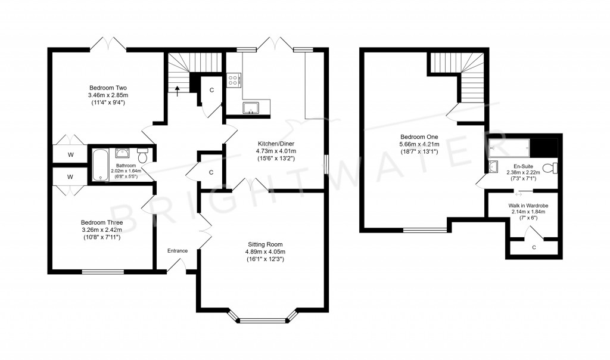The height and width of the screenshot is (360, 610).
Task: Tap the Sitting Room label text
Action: tap(265, 244)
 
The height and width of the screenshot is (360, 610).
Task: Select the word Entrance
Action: tap(178, 251)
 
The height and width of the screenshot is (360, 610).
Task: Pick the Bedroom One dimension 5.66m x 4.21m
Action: tap(419, 144)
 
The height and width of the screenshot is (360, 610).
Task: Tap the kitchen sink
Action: tap(250, 107)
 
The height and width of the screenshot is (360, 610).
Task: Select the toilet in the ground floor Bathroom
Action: tap(142, 151)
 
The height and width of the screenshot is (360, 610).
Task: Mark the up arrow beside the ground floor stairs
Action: tap(176, 91)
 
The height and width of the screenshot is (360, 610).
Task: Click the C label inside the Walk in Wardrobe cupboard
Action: tap(533, 247)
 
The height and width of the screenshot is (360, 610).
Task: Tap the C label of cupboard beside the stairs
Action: tap(211, 91)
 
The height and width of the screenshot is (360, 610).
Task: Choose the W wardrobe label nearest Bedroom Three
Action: tap(70, 177)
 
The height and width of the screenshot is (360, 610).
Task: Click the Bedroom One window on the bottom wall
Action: tap(425, 229)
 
